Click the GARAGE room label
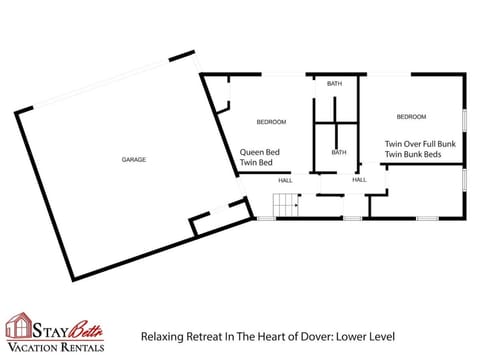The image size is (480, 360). pos(134,160)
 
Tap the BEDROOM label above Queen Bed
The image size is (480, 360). pos(271,122)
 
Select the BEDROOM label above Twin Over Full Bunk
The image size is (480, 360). pos(411,117)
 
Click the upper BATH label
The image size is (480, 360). pos(334,84)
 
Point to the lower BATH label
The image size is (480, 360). pos(339,153)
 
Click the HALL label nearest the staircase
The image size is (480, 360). pos(285,180)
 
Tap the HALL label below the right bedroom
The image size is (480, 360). pos(359,180)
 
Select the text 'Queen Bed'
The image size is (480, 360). pos(258,153)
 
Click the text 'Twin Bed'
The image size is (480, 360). pos(256,163)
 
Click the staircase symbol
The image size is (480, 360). pos(287,207)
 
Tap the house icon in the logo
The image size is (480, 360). pos(19,326)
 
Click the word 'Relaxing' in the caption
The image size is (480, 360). pos(161,337)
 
